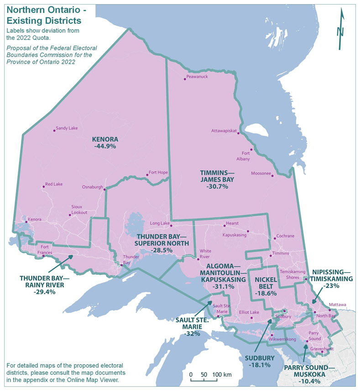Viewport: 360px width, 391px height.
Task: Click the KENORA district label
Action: pos(105,139)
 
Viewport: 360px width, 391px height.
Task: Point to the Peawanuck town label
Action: pos(197,77)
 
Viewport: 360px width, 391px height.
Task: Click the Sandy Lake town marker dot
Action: pos(54,131)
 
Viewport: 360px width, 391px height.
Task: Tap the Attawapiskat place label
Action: pos(224,131)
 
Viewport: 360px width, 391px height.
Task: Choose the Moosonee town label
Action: pos(261,174)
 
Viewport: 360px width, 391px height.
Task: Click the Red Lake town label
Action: pos(53,185)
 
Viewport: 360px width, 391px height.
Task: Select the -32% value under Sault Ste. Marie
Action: pos(189,334)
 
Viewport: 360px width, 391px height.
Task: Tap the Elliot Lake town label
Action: pos(249,312)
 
